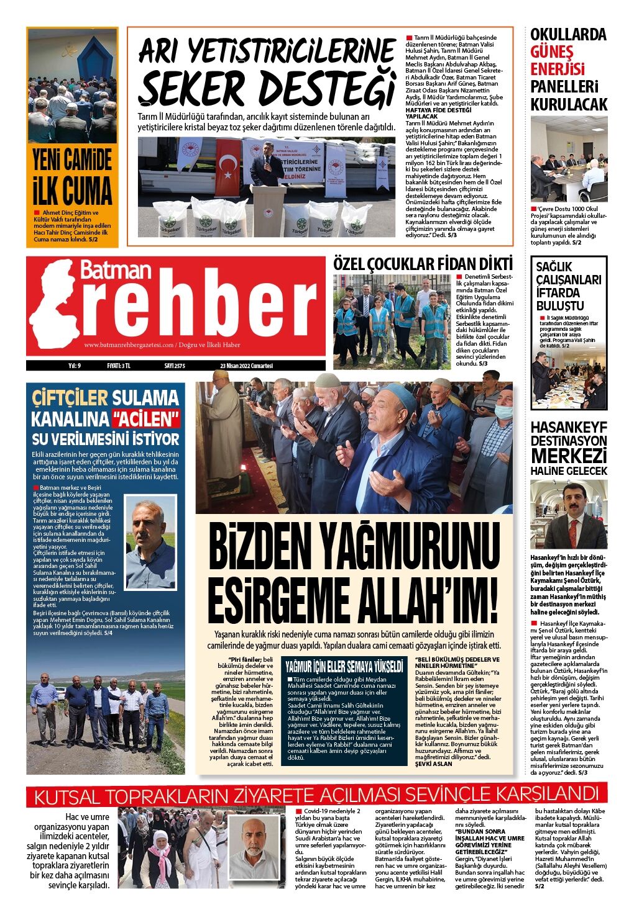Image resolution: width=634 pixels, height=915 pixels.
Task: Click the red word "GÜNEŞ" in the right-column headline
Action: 552,52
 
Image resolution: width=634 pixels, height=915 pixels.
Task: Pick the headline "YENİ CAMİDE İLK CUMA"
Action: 72,176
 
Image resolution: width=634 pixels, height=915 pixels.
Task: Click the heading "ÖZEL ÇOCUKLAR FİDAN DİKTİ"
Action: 423,263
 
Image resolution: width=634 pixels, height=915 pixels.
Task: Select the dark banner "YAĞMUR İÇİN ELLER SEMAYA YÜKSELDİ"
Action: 344,667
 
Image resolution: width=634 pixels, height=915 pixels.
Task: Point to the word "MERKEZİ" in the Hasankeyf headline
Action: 569,455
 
